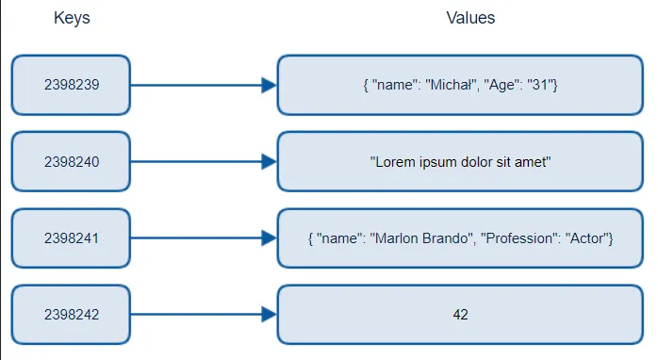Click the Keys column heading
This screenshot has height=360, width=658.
tap(72, 19)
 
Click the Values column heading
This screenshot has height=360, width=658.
tap(470, 18)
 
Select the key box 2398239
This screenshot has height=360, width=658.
tap(72, 85)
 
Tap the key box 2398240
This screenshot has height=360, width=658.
tap(72, 162)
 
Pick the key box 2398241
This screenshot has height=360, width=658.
tap(72, 238)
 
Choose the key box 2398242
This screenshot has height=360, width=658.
tap(72, 315)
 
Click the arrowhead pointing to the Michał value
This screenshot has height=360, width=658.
tap(269, 85)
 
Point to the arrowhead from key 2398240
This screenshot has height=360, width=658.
tap(269, 162)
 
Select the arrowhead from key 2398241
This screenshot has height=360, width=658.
tap(269, 238)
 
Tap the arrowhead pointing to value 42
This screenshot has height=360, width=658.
tap(269, 315)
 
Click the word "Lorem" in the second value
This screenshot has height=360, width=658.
tap(394, 162)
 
